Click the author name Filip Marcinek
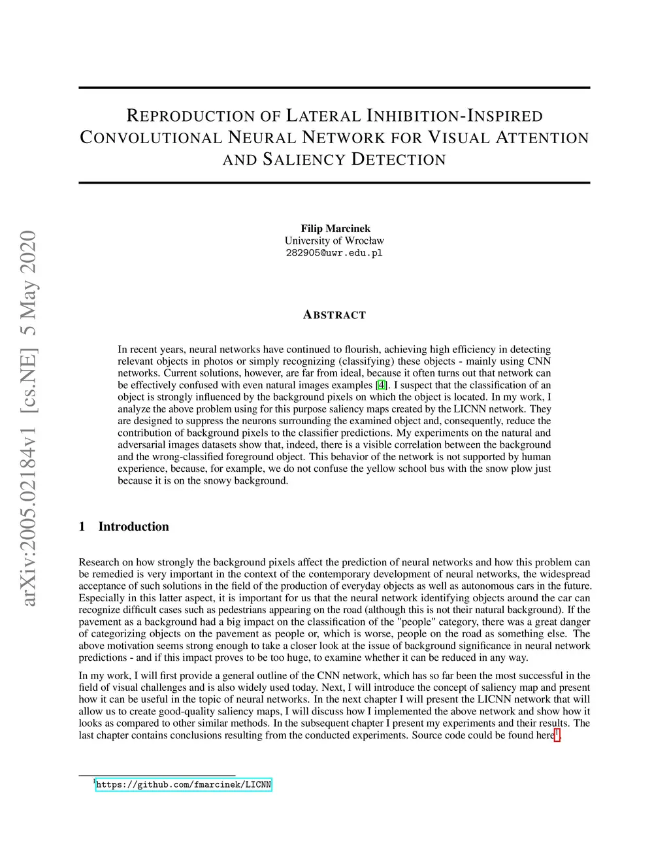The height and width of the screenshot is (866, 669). pos(335,228)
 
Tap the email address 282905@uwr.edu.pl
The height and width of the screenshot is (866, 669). pos(334,253)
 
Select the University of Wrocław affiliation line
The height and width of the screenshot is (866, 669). pos(334,241)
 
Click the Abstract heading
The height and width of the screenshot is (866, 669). pos(334,315)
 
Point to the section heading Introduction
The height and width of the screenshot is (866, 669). pos(133,527)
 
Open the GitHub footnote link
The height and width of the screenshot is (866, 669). pos(184,784)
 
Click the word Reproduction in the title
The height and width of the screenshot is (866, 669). pos(189,116)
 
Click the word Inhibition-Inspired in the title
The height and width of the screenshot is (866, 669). pos(455,116)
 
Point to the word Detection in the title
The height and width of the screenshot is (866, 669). pos(399,159)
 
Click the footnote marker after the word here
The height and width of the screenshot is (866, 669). pos(557,735)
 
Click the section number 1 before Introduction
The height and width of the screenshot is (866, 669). pos(82,527)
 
